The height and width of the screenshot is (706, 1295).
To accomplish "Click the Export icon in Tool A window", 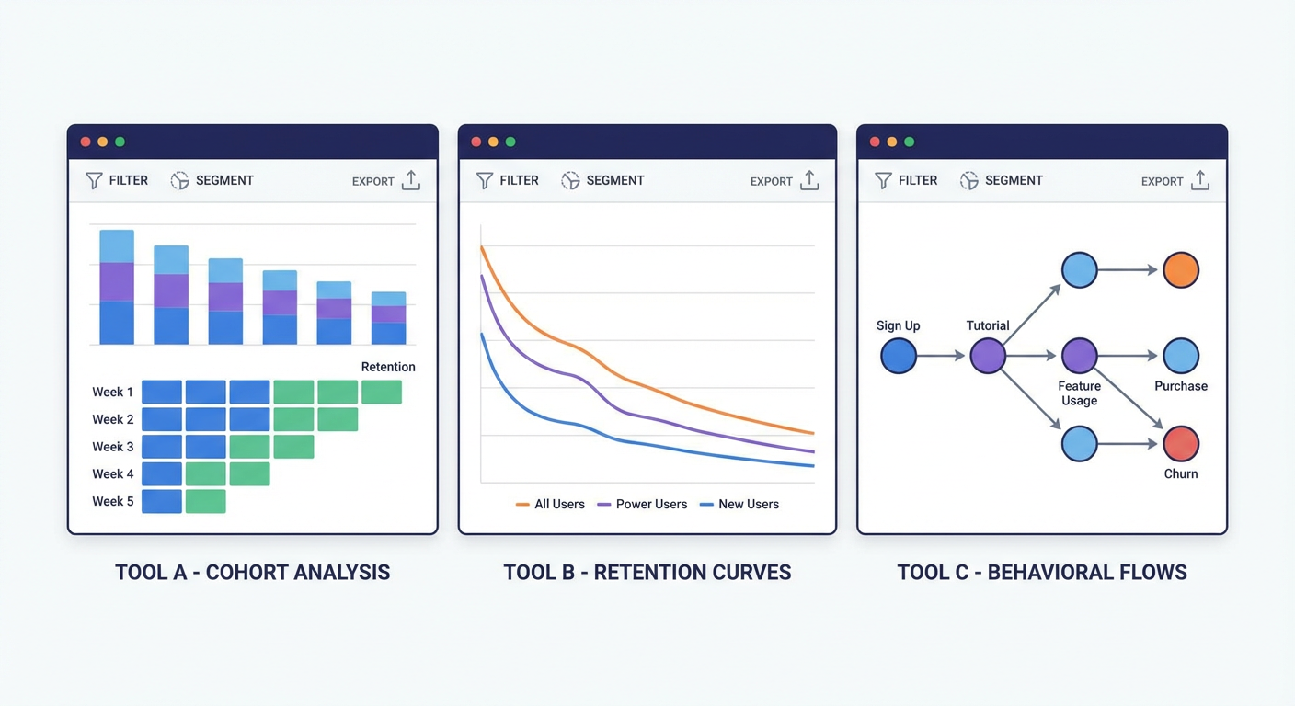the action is coord(411,180).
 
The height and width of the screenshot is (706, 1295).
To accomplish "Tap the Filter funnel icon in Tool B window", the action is coord(485,181).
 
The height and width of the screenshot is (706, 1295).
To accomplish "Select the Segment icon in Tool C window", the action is coord(968,181).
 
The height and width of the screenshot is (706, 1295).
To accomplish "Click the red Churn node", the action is coord(1181,444).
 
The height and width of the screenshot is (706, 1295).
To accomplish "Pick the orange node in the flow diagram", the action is coord(1181,269).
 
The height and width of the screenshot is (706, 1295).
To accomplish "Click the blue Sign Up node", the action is coord(899,356).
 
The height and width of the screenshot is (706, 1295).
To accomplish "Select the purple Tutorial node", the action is coord(988,356).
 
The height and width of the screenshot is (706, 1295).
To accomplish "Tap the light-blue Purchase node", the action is coord(1181,356).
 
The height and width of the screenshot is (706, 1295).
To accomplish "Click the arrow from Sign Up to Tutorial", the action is coord(941,356).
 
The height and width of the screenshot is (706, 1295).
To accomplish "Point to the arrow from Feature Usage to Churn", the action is coord(1129,399).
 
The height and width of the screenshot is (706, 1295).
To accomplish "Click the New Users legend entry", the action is coord(739,505).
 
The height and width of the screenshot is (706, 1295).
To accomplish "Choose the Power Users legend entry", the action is coord(642,505).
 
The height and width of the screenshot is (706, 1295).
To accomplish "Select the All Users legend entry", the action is coord(550,505).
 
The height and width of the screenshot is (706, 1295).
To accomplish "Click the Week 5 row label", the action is coord(113,502).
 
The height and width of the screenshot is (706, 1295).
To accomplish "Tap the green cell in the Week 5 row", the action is coord(206,502).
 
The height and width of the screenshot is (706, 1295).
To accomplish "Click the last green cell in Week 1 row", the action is coord(382,392).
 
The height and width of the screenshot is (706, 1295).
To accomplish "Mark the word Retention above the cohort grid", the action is coord(388,367).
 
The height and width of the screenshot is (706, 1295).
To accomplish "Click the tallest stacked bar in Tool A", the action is coord(117,287).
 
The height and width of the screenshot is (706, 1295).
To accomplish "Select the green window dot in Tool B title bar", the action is coord(510,142).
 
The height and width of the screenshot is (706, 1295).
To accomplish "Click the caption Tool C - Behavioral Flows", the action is coord(1042,573).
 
